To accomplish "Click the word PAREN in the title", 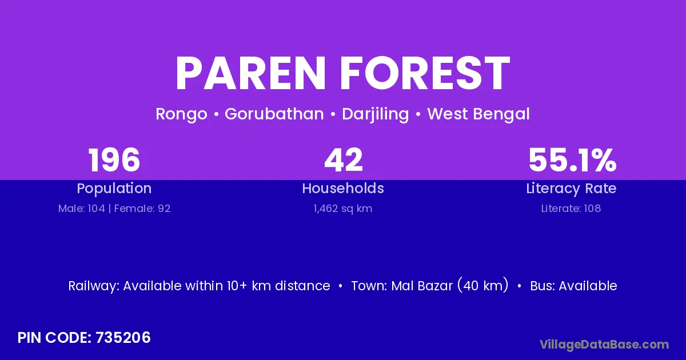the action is click(x=250, y=73).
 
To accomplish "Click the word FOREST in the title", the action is click(x=425, y=73).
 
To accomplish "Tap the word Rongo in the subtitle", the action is click(x=181, y=114).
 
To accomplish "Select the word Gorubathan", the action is click(x=274, y=114).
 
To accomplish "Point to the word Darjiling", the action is click(x=375, y=114).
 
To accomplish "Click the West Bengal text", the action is click(x=478, y=114).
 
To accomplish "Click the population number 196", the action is click(x=114, y=160).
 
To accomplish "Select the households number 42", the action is click(x=344, y=160).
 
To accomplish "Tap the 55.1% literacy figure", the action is click(x=572, y=160).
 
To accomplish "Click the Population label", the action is click(x=114, y=189).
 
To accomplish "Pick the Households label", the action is click(x=343, y=188).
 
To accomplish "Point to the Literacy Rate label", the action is click(x=571, y=189).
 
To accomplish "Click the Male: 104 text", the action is click(x=81, y=209).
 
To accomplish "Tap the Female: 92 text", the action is click(x=142, y=209).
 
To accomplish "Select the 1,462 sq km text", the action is click(x=342, y=209).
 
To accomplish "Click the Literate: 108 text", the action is click(x=571, y=209).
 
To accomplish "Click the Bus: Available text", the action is click(x=573, y=286).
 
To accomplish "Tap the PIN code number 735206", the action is click(x=123, y=338).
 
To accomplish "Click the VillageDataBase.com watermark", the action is click(x=604, y=345).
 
